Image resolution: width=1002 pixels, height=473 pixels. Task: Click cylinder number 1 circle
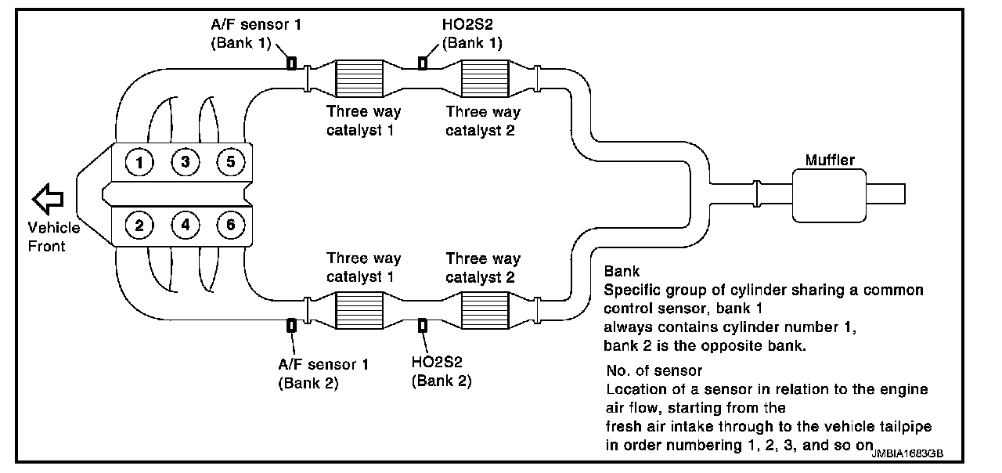coord(139,163)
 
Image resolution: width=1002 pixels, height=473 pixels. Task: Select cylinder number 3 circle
coord(186,163)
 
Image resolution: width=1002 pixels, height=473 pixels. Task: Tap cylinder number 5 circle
coord(231,163)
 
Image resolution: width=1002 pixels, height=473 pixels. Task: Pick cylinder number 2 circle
coord(139,226)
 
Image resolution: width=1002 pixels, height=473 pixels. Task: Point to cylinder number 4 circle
coord(186,226)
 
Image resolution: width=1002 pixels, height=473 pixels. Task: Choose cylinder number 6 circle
coord(231,226)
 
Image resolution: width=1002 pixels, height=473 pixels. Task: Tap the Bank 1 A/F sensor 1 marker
coord(291,63)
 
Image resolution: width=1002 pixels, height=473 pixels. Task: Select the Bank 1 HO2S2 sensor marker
coord(423,63)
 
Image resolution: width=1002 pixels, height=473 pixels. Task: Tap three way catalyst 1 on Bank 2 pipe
coord(359,311)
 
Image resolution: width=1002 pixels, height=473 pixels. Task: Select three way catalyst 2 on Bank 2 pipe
coord(484,311)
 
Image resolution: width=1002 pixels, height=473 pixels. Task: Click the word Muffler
coord(830,161)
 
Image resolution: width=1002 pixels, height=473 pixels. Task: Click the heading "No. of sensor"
coord(654,370)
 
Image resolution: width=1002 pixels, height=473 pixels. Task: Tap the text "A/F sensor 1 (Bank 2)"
coord(324,374)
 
